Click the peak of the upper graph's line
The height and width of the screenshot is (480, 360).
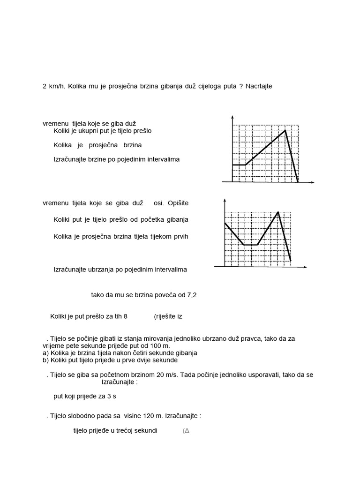coord(285,131)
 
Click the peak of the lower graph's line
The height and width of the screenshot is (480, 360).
coord(278,212)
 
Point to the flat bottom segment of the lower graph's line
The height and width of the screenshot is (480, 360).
coord(251,245)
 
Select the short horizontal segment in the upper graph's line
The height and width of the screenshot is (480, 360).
coord(239,165)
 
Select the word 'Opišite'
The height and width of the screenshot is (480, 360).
coord(176,203)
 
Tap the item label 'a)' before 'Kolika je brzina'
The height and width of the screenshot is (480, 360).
coord(45,352)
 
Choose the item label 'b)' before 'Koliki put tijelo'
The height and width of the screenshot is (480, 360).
coord(45,360)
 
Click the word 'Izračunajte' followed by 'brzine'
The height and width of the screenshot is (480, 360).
coord(70,159)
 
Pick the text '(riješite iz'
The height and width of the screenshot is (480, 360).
coord(168,316)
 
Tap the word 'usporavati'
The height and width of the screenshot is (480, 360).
coord(286,375)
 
